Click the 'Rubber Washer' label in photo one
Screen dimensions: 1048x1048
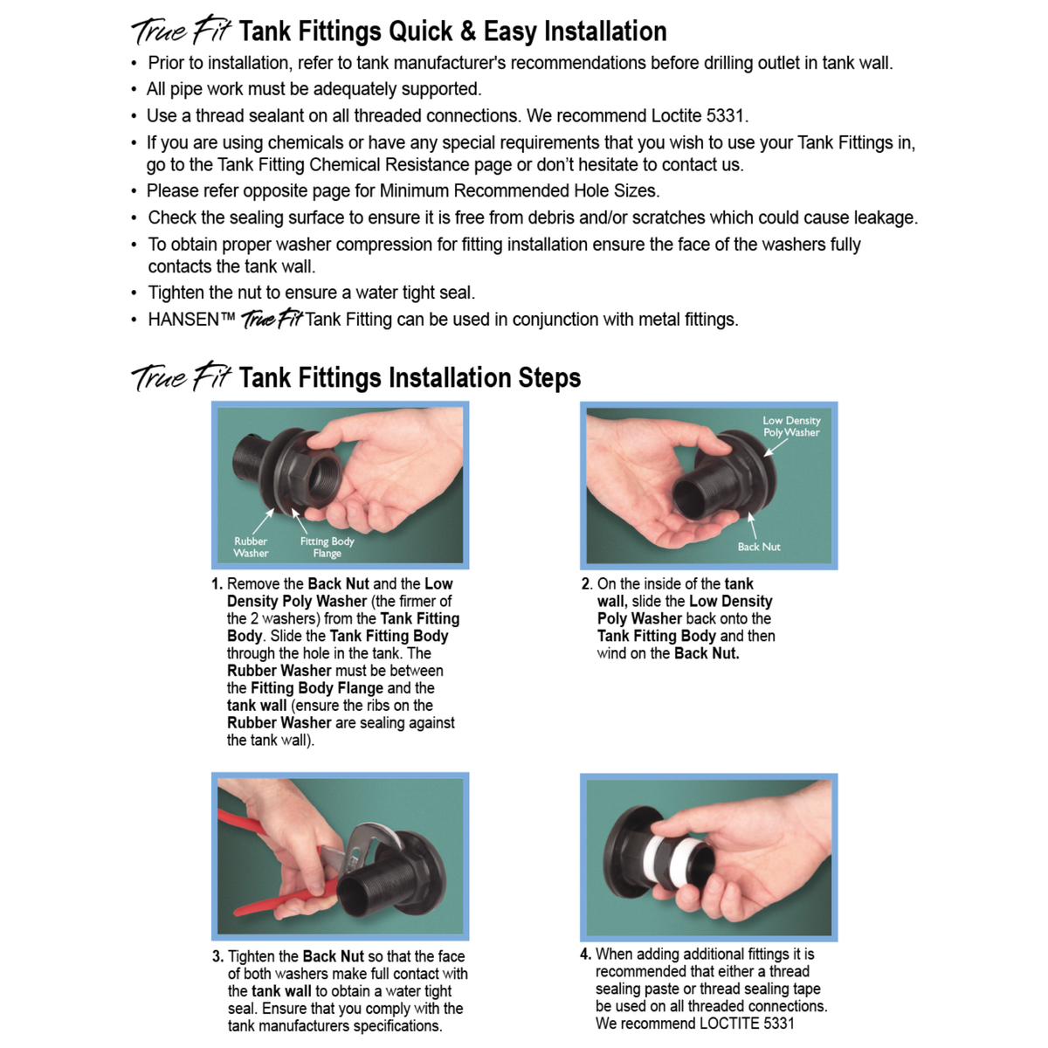point(251,547)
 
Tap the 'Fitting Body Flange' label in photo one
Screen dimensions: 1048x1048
point(327,547)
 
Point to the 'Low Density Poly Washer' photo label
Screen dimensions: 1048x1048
point(791,426)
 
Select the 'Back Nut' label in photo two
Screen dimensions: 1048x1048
point(759,547)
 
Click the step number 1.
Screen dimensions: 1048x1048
point(217,583)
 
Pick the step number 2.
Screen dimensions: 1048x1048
point(586,583)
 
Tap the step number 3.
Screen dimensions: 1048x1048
point(217,956)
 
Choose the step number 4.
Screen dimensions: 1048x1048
point(586,954)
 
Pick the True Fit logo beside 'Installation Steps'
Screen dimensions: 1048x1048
point(182,376)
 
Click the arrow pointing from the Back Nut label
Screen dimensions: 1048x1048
point(752,525)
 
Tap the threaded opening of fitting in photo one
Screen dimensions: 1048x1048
point(322,478)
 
